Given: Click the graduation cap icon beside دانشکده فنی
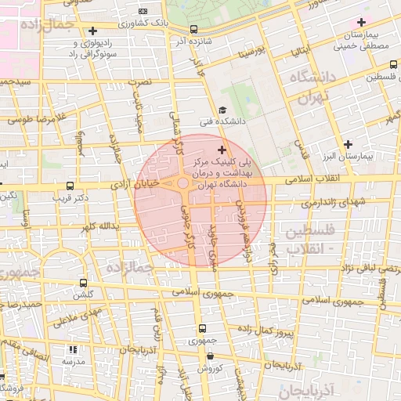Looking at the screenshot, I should (222, 111).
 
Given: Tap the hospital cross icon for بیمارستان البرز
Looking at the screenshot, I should (349, 145).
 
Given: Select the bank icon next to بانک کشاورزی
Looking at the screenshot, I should (142, 12).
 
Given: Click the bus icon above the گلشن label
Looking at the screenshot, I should (83, 284).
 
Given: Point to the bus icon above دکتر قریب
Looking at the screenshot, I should (71, 186).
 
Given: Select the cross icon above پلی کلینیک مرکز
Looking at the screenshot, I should (222, 149).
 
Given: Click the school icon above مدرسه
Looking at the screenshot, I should (73, 350).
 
